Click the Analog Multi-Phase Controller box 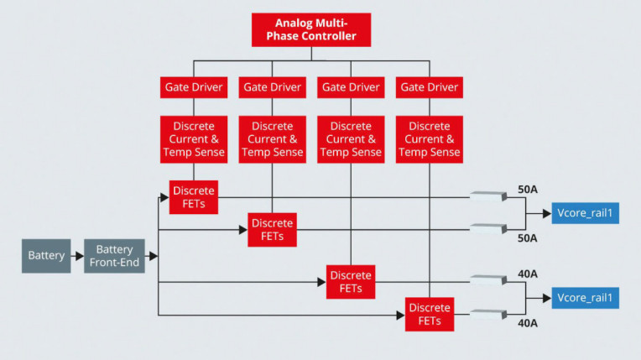(x=311, y=30)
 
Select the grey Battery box (x=46, y=256)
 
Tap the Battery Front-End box (x=114, y=256)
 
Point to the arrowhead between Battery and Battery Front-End (x=80, y=256)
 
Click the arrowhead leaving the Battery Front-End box (x=154, y=256)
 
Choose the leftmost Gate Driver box (x=194, y=87)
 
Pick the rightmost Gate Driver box (x=430, y=87)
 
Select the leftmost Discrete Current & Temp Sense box (x=194, y=139)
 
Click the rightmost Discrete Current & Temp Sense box (x=430, y=139)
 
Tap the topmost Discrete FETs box (x=194, y=197)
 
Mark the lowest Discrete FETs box (x=430, y=314)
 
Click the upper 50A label (x=528, y=190)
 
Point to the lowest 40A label (x=528, y=323)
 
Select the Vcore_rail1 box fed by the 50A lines (x=586, y=213)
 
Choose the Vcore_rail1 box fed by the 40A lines (x=586, y=298)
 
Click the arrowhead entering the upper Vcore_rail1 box (x=547, y=213)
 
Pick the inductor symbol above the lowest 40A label (x=488, y=314)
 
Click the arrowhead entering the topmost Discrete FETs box (x=164, y=197)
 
